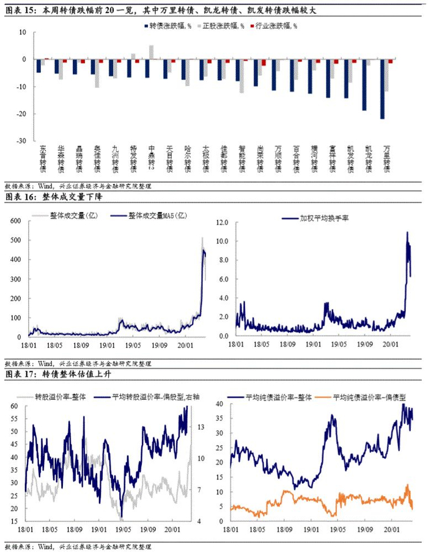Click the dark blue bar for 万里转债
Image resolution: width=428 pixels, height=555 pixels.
tap(383, 89)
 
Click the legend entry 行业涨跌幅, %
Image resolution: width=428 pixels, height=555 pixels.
tap(276, 26)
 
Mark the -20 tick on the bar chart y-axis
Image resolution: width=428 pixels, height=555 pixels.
tap(20, 114)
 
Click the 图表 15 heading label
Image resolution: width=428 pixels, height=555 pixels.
tap(20, 10)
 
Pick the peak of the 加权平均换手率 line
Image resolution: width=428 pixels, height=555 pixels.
tap(407, 233)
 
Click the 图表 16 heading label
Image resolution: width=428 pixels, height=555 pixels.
tap(20, 198)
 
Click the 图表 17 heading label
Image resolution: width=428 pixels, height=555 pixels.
tap(20, 373)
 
